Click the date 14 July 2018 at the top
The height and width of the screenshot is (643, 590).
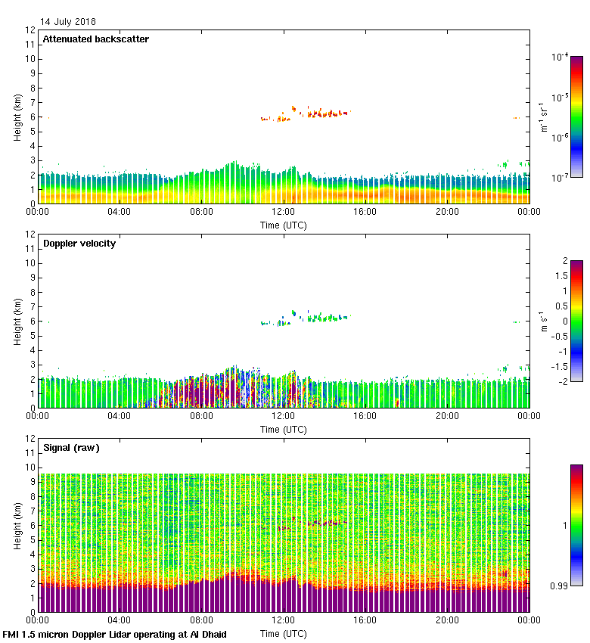point(68,22)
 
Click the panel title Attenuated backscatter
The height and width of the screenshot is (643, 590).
point(95,39)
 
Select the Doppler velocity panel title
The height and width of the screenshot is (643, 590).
point(79,244)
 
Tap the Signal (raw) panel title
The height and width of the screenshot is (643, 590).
point(71,448)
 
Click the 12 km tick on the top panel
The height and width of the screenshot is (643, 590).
point(31,30)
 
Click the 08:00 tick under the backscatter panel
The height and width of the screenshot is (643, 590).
point(201,211)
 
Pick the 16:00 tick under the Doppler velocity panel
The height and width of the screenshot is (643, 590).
point(365,415)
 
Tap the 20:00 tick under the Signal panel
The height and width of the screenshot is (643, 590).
point(447,620)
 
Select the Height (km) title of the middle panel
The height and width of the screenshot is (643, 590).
point(17,321)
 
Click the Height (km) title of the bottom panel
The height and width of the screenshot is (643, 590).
point(17,525)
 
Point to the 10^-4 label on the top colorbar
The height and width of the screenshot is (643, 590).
point(560,57)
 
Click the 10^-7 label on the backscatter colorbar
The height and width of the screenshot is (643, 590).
point(560,177)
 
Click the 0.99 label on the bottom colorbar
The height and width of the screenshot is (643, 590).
point(560,586)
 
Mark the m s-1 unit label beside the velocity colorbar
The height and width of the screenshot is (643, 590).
point(544,321)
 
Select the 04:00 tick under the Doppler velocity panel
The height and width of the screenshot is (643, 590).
point(120,415)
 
